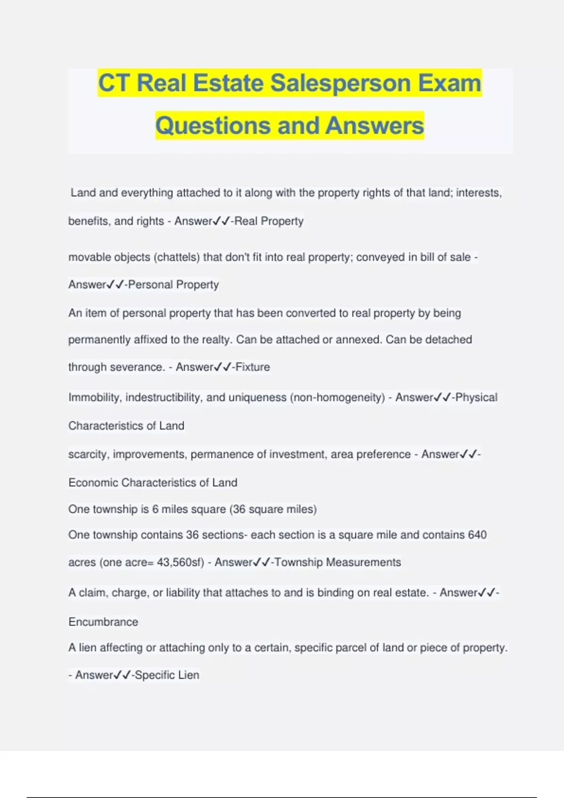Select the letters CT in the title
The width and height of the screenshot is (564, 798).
tap(113, 83)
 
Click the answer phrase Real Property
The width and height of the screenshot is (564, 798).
tap(269, 221)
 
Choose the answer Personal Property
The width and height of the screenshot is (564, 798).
tap(173, 285)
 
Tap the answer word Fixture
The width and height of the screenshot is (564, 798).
tap(252, 367)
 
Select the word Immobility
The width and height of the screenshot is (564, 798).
tap(95, 398)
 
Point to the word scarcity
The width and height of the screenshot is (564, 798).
tap(87, 454)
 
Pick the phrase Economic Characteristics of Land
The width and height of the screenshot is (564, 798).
tap(153, 483)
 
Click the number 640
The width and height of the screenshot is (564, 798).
tap(477, 535)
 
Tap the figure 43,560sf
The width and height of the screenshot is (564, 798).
tap(179, 562)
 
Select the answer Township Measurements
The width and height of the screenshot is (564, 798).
tap(337, 562)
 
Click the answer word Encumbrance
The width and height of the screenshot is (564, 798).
tap(103, 622)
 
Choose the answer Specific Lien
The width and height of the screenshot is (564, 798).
tap(167, 675)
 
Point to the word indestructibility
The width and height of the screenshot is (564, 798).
tap(164, 398)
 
